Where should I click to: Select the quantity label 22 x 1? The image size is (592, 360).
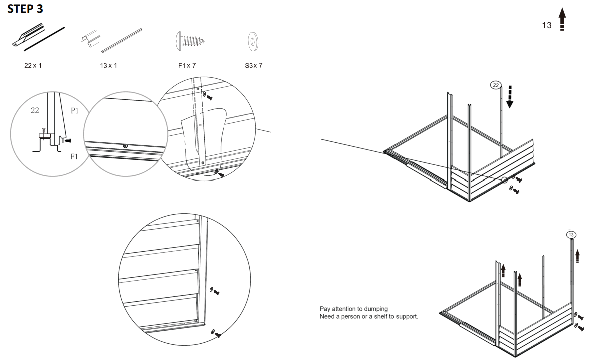coord(33,66)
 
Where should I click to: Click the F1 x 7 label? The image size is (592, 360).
coord(185,66)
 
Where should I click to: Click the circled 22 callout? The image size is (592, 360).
coord(495,85)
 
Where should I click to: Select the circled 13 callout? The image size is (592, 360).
coord(571,235)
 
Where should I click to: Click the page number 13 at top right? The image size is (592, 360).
coord(547,25)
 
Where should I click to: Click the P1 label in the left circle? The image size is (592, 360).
coord(74,111)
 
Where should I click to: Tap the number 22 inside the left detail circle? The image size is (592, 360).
coord(35,111)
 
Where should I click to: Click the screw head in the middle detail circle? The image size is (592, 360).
coord(125,146)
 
